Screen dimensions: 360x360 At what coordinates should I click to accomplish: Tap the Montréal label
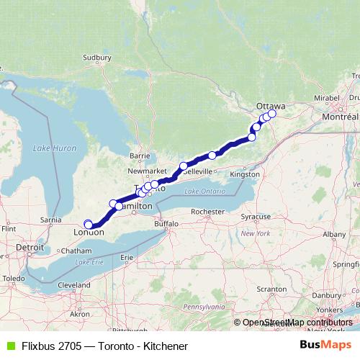pyautogui.click(x=342, y=117)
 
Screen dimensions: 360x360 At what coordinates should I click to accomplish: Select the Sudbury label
pyautogui.click(x=96, y=57)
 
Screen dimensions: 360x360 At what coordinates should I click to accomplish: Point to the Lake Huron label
pyautogui.click(x=54, y=148)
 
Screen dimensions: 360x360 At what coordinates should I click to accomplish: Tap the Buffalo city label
pyautogui.click(x=165, y=224)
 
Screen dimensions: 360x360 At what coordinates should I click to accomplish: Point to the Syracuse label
pyautogui.click(x=256, y=216)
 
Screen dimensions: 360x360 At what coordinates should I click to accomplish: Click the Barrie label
pyautogui.click(x=139, y=155)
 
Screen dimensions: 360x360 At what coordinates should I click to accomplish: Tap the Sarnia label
pyautogui.click(x=50, y=219)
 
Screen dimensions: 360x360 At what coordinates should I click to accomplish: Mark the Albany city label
pyautogui.click(x=334, y=234)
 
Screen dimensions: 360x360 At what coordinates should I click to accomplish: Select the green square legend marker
pyautogui.click(x=10, y=346)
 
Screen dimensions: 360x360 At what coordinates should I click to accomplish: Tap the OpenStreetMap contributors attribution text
pyautogui.click(x=299, y=322)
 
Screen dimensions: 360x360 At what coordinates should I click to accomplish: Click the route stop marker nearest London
pyautogui.click(x=88, y=224)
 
